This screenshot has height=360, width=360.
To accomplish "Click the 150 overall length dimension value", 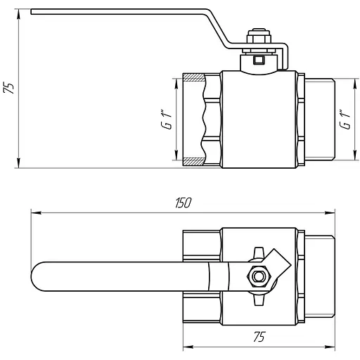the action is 184,202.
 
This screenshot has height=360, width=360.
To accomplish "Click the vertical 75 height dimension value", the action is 8,88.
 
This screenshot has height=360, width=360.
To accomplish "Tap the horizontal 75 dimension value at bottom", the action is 259,337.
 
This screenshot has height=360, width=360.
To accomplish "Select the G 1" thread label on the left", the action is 166,119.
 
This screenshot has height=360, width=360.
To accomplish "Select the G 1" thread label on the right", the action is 345,119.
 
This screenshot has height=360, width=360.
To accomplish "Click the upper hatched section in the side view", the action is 193,77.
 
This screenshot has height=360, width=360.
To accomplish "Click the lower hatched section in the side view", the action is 193,162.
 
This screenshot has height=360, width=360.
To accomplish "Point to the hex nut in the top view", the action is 259,276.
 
